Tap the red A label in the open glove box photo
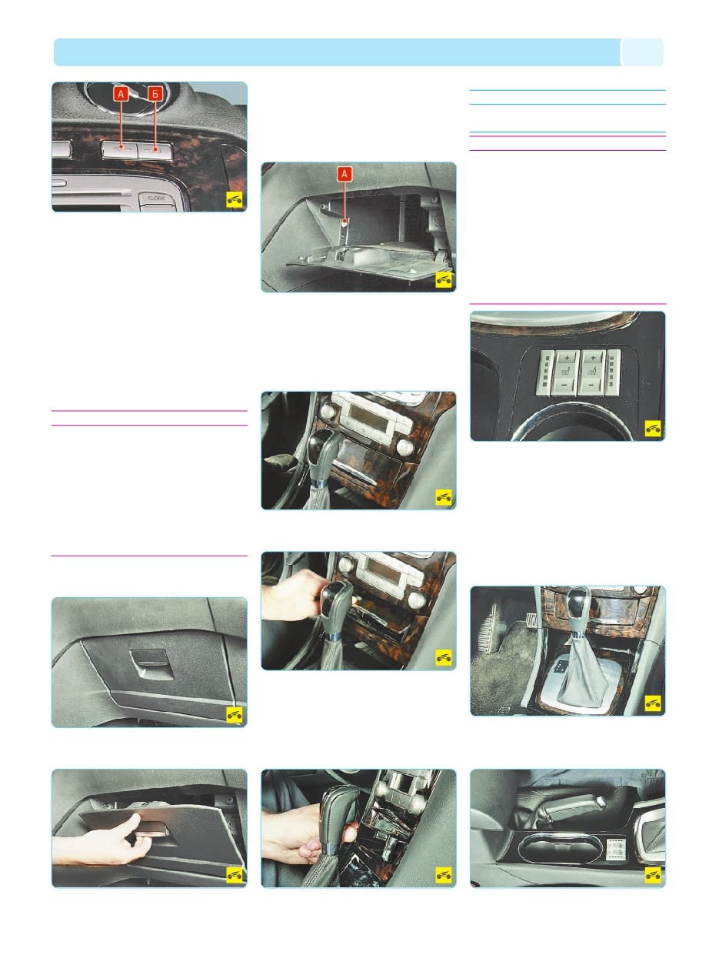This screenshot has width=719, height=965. [345, 175]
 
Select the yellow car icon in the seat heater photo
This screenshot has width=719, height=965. [653, 427]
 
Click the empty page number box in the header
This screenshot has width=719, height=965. [642, 52]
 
